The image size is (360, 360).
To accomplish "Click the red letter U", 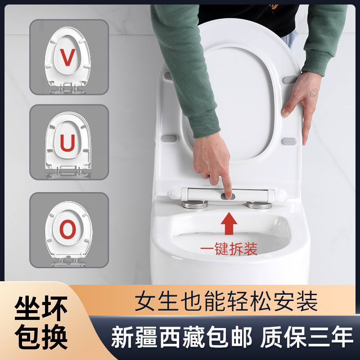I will (x=68, y=144).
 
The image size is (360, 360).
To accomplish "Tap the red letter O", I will (x=68, y=230).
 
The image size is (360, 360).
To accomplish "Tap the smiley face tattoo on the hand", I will (x=314, y=93).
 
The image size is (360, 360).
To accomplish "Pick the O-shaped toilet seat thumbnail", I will (x=68, y=230).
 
